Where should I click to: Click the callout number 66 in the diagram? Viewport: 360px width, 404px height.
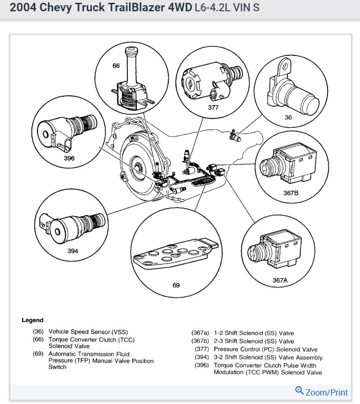pos(116,66)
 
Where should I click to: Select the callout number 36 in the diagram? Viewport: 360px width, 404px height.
pos(288,118)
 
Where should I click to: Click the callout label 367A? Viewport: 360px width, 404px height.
pos(280,280)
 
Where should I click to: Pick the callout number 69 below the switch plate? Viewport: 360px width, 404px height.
pos(176,285)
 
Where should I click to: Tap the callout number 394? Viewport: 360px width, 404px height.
pos(72,251)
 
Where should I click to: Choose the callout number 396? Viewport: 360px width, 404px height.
pos(69,158)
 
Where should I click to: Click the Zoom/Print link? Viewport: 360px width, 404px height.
pos(327,392)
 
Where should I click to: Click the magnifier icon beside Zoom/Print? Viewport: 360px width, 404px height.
pos(299,390)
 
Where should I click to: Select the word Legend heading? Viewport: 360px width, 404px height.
pos(32,320)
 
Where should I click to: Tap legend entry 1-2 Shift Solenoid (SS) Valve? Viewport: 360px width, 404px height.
pos(254,333)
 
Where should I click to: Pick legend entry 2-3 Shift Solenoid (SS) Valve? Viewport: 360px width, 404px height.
pos(254,341)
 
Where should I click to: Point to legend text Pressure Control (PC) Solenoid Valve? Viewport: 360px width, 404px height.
pos(266,349)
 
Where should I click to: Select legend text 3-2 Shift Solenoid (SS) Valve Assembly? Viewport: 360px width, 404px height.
pos(268,357)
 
